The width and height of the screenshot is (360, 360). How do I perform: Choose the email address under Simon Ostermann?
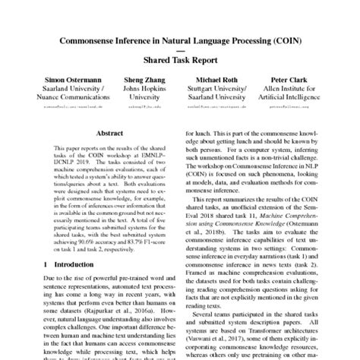[58, 108]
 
